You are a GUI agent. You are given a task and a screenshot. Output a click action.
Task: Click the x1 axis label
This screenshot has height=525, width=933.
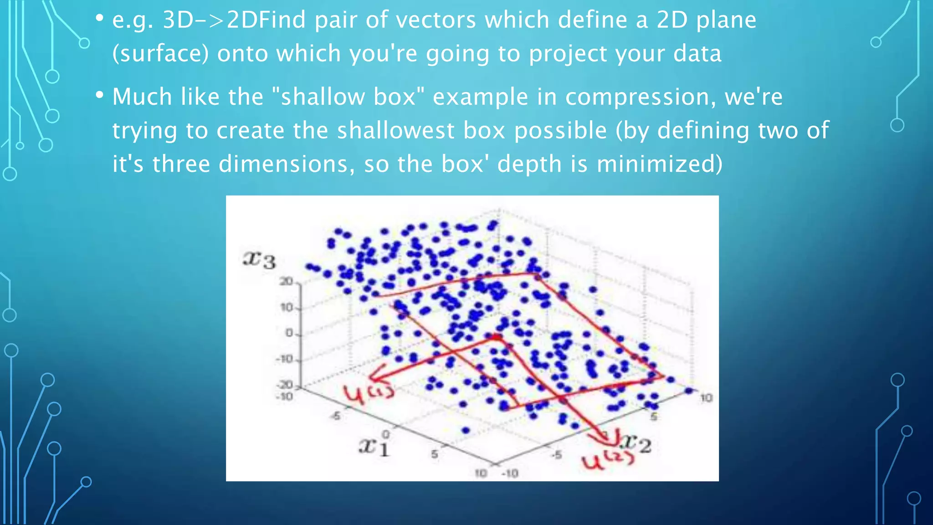(x=374, y=447)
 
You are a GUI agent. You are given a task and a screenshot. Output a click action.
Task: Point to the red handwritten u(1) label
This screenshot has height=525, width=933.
(x=368, y=393)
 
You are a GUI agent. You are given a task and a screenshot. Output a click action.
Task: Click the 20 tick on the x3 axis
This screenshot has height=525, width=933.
(x=286, y=282)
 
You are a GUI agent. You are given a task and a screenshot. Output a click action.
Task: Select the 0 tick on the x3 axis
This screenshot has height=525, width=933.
(x=289, y=334)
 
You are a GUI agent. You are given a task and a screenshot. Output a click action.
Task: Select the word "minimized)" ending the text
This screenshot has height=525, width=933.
(x=659, y=164)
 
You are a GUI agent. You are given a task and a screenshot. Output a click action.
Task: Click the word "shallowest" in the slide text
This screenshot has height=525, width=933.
(x=395, y=131)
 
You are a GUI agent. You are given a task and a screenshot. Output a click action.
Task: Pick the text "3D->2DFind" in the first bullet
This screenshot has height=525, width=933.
(x=234, y=20)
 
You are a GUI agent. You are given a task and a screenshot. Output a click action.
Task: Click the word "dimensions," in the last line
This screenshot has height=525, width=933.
(x=287, y=164)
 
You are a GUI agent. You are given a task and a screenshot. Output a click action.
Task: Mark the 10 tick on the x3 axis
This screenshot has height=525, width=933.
(x=287, y=308)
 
